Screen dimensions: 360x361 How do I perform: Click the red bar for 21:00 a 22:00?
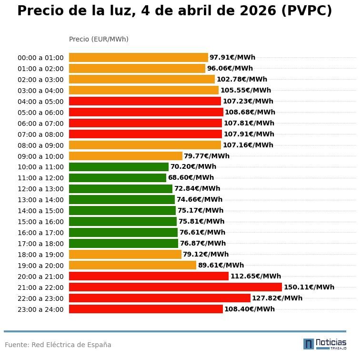[x=175, y=287]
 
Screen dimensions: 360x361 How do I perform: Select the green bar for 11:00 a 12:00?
[x=118, y=178]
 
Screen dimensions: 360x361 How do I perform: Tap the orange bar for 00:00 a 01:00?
[x=138, y=58]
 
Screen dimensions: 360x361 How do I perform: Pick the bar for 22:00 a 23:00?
[x=160, y=298]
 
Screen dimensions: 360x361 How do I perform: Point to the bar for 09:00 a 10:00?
[x=126, y=156]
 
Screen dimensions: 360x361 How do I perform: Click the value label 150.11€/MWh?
[x=309, y=287]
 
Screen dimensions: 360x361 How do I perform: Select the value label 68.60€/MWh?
[x=191, y=178]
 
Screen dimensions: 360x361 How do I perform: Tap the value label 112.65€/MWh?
[x=255, y=276]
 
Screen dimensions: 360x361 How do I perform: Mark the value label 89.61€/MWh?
[x=221, y=265]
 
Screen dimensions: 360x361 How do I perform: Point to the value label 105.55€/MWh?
[x=245, y=90]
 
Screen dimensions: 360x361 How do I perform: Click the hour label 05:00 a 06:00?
[x=40, y=113]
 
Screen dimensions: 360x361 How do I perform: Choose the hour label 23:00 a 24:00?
[x=40, y=309]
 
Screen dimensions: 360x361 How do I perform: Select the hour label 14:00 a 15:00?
[x=40, y=211]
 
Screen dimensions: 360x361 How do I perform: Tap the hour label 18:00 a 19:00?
[x=40, y=255]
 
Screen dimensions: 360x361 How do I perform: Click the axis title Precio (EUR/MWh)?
[x=99, y=39]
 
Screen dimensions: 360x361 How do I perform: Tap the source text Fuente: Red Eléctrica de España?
[x=58, y=345]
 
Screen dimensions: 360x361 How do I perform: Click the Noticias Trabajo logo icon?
[x=308, y=344]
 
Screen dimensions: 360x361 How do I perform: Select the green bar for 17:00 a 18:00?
[x=123, y=243]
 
